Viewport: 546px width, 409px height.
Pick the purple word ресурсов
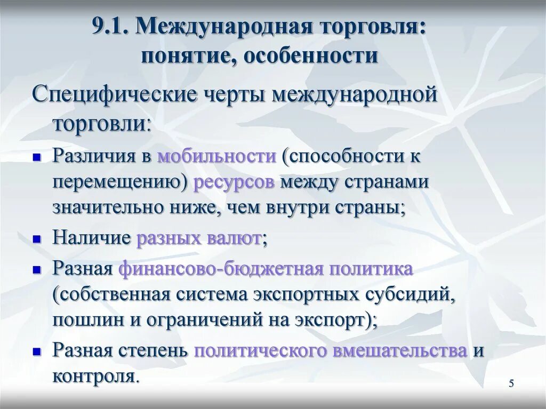coord(234,182)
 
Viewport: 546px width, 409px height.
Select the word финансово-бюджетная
coord(221,269)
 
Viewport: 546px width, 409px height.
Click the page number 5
coord(511,384)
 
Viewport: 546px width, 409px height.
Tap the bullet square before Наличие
coord(37,239)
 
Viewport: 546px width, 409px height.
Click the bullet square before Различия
coord(37,157)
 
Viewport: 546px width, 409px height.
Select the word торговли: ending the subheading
coord(101,123)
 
